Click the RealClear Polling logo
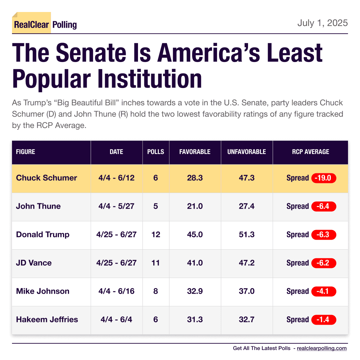(x=45, y=24)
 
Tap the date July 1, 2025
(x=322, y=23)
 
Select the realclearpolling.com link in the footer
(x=322, y=348)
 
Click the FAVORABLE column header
(x=195, y=152)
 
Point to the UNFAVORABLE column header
(x=247, y=152)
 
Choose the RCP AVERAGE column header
(x=310, y=152)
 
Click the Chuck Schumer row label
(x=46, y=178)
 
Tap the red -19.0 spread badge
(x=324, y=178)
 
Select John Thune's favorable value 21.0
(x=195, y=206)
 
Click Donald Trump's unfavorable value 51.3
(x=247, y=235)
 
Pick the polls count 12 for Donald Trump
(x=156, y=235)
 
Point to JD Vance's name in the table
(x=34, y=263)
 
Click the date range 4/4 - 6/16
(x=116, y=291)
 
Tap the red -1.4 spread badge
(x=324, y=320)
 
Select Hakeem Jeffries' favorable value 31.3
(x=195, y=320)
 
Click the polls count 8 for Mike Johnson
(x=156, y=291)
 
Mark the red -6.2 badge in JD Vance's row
(x=324, y=263)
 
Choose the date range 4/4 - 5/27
(x=116, y=206)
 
